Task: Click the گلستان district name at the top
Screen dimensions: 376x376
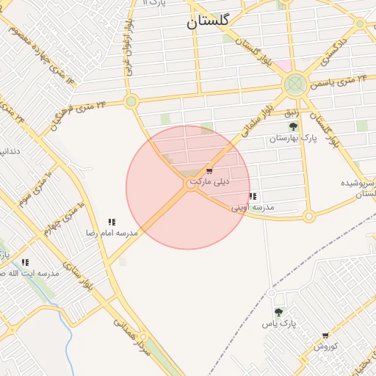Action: pyautogui.click(x=208, y=22)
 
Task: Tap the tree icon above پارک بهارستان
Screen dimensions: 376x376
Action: pyautogui.click(x=293, y=126)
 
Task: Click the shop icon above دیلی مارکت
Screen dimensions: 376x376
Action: pyautogui.click(x=209, y=170)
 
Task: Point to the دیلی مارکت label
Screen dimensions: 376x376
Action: pyautogui.click(x=209, y=181)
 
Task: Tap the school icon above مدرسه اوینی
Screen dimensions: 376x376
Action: pyautogui.click(x=253, y=197)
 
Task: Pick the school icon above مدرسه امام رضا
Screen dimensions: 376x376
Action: pyautogui.click(x=112, y=222)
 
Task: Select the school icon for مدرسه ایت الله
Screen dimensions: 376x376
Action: pyautogui.click(x=25, y=262)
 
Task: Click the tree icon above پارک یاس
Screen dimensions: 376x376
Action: pyautogui.click(x=278, y=313)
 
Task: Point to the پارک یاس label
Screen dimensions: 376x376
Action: pyautogui.click(x=280, y=324)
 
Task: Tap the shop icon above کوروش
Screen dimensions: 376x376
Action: pyautogui.click(x=325, y=336)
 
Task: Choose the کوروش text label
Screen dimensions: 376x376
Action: pyautogui.click(x=325, y=346)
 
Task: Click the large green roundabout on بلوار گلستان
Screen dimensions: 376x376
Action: pyautogui.click(x=295, y=84)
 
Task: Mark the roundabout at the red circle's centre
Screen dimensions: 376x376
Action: pyautogui.click(x=190, y=186)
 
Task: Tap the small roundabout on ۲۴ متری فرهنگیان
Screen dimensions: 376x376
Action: pyautogui.click(x=131, y=101)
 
